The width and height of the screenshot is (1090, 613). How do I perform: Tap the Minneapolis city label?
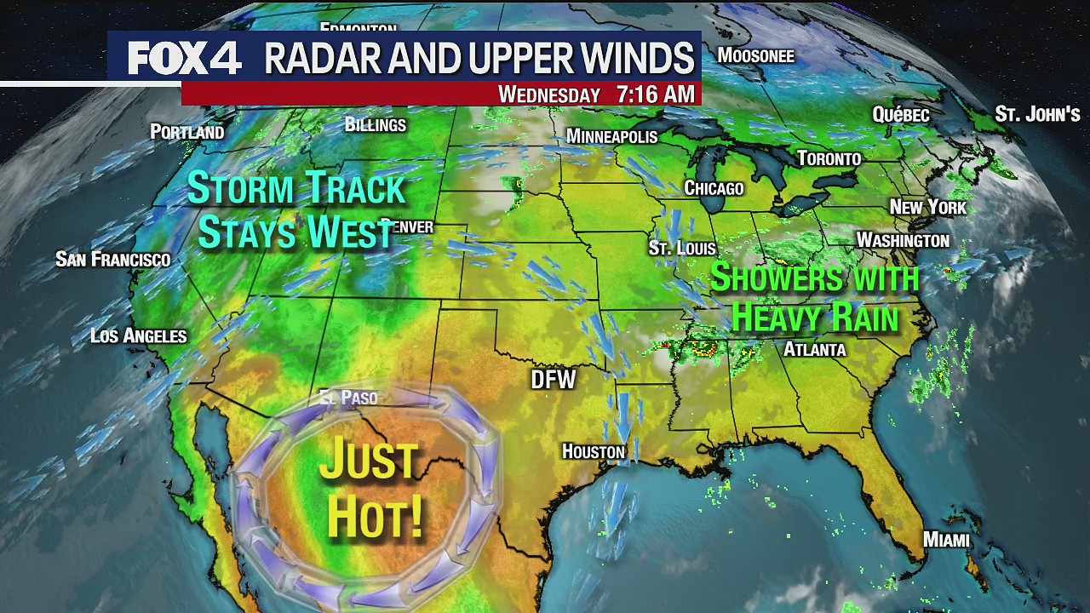click(x=611, y=137)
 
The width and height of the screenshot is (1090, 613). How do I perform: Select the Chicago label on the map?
click(x=714, y=188)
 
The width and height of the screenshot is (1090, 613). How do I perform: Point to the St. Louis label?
click(x=682, y=248)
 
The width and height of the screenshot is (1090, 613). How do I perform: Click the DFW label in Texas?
click(x=554, y=380)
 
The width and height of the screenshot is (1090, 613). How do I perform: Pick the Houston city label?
click(x=593, y=451)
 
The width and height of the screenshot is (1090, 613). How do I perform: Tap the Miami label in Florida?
click(x=946, y=540)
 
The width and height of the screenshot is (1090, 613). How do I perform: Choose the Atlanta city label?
click(x=814, y=349)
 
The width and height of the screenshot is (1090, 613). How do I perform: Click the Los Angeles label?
click(x=138, y=335)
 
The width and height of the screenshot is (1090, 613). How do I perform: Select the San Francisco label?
click(x=112, y=259)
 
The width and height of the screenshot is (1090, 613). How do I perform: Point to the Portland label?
click(x=186, y=132)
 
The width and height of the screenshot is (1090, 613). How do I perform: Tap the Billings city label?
click(x=375, y=125)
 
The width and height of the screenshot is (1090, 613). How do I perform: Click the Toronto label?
click(x=829, y=158)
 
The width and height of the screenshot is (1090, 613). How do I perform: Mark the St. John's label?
click(x=1037, y=114)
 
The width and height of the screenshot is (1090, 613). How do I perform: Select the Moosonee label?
click(x=755, y=56)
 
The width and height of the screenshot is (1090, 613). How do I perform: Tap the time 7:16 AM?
click(x=655, y=95)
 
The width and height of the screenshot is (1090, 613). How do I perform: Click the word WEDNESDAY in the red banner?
click(x=549, y=95)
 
